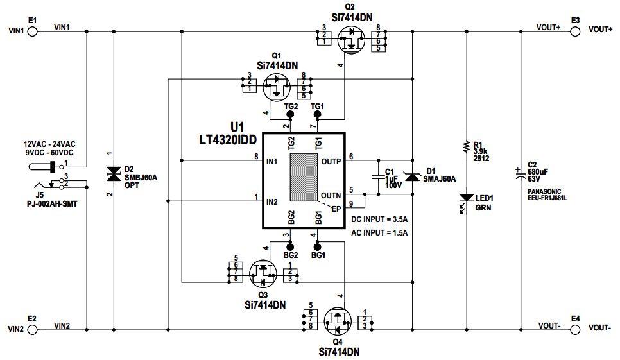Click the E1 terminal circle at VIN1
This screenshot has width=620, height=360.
point(33,31)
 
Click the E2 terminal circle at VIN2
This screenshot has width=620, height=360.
point(33,329)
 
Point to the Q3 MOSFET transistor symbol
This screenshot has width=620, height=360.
point(261,273)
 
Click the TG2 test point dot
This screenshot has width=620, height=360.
point(289,115)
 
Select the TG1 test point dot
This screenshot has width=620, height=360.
point(316,115)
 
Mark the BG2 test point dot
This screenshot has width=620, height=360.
point(289,246)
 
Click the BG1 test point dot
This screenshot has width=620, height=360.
point(316,246)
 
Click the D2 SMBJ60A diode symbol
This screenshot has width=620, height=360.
point(114,174)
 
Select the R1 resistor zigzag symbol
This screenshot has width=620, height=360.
point(465,148)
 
